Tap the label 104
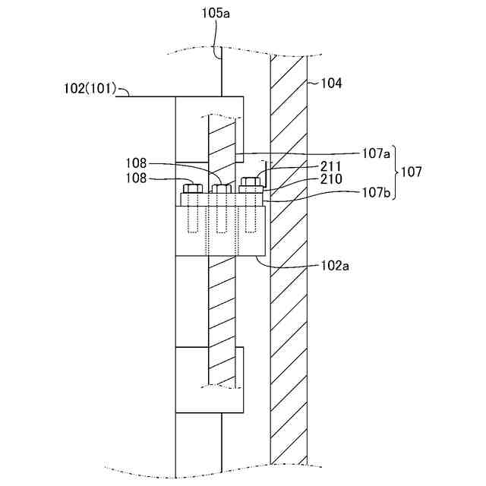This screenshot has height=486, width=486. [x=331, y=84]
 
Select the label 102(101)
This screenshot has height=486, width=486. [x=89, y=89]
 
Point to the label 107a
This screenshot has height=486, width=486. [x=376, y=153]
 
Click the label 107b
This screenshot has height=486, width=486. [x=376, y=193]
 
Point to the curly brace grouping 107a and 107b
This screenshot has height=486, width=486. [x=395, y=172]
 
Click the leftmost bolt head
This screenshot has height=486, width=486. [x=191, y=188]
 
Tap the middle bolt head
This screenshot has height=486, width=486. [x=222, y=188]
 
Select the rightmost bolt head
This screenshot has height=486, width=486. [x=249, y=182]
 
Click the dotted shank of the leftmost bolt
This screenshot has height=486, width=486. [x=191, y=218]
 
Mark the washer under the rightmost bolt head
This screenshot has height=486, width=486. [x=250, y=190]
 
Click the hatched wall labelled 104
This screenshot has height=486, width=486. [x=289, y=304]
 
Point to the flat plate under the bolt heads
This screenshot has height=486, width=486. [x=221, y=199]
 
